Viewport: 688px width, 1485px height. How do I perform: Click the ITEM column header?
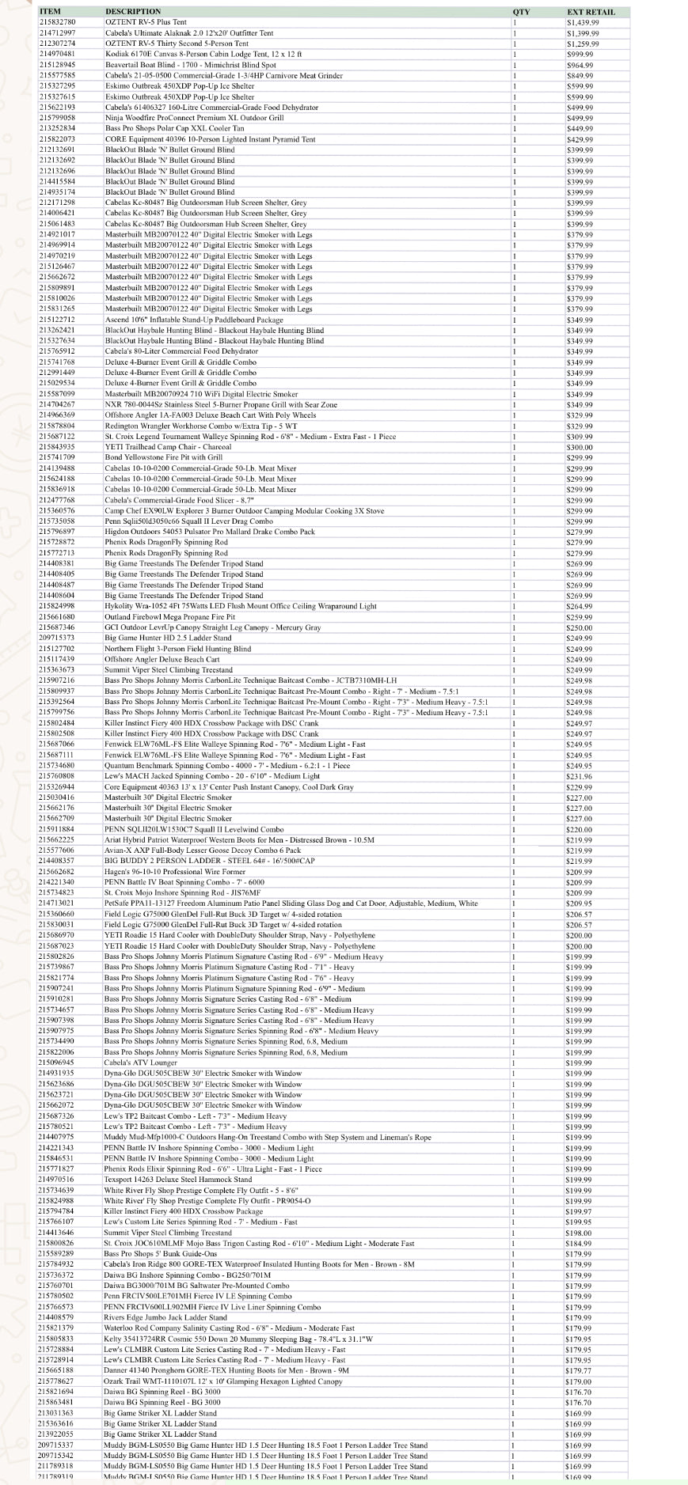50,12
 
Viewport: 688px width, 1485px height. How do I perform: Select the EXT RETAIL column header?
590,12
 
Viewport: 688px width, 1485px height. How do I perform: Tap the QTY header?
521,12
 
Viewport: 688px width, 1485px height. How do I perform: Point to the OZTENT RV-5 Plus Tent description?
146,23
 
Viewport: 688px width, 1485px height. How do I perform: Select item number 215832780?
57,23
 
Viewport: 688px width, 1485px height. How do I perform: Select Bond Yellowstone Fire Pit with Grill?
163,457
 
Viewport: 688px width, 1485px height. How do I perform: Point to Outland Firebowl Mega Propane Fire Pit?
169,616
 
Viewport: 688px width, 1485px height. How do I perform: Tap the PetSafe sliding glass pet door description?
291,903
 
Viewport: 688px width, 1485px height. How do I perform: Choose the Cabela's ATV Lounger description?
140,1063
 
